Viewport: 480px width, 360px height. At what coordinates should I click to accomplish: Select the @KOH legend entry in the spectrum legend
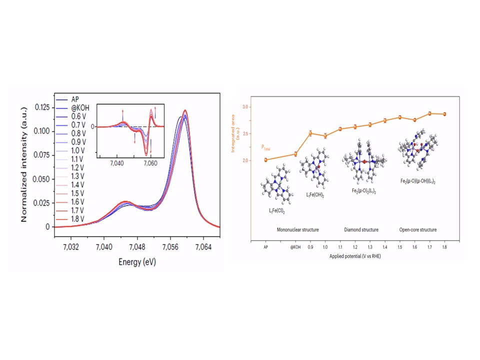73,107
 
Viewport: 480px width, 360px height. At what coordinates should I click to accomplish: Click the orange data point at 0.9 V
310,133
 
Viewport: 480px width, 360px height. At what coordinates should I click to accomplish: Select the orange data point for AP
265,160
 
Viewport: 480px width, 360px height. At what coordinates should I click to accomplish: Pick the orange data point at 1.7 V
429,113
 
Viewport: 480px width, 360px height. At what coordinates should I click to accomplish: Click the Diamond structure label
361,230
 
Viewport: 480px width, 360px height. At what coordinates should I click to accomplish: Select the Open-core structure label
418,230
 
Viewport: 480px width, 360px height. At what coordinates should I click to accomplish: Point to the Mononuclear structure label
297,230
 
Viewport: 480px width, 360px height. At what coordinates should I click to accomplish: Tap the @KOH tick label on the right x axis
295,246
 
